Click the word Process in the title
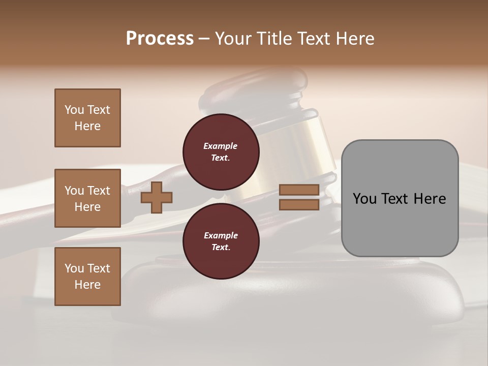[160, 39]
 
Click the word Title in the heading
[277, 39]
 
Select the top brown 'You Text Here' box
[87, 118]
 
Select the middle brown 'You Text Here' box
[87, 198]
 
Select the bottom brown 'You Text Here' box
[87, 276]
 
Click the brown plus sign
[156, 197]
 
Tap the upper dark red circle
[221, 151]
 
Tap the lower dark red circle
[221, 241]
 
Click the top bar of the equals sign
[299, 190]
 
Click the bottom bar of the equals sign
[299, 204]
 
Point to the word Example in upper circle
[221, 146]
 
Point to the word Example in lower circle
[221, 235]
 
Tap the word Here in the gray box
[430, 199]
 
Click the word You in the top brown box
[74, 110]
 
